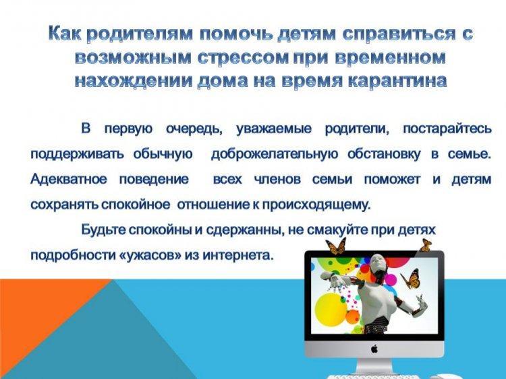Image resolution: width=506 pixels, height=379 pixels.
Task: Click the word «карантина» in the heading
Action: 398,81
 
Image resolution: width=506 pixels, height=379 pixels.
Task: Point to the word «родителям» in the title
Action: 140,34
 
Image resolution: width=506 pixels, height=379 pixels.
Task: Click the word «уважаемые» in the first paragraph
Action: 274,129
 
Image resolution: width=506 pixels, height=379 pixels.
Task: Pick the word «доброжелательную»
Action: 275,154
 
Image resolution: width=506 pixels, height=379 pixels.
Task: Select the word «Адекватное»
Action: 68,179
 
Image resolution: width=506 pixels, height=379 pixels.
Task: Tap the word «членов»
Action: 277,179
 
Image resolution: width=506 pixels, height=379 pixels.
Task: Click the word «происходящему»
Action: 316,205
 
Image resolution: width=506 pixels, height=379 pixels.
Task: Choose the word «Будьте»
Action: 103,230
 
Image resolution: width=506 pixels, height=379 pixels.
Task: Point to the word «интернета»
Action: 238,255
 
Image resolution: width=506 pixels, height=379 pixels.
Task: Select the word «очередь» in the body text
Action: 194,129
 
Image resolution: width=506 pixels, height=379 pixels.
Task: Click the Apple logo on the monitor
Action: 374,349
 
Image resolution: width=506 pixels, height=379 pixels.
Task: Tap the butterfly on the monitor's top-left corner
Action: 335,246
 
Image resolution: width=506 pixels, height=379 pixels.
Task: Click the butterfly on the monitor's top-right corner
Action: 426,245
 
